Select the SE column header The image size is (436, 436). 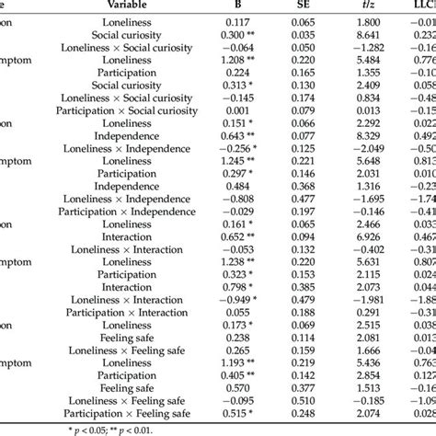point(303,5)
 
